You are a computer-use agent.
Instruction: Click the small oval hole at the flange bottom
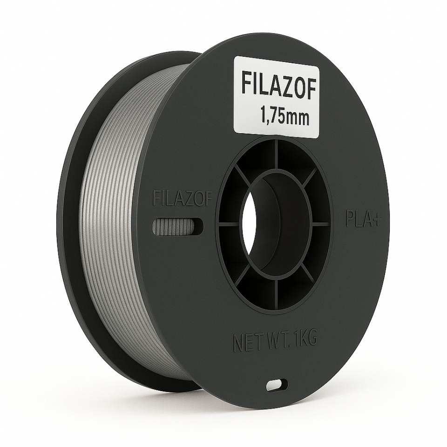point(277,385)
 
